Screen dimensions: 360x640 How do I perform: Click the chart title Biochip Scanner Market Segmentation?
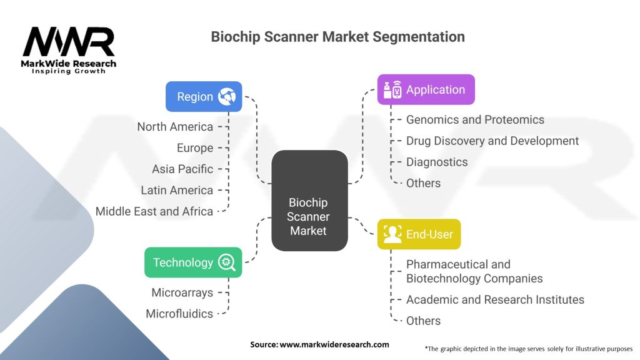[x=337, y=37]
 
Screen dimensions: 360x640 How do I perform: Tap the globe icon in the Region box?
[x=225, y=97]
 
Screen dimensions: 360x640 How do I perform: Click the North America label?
[x=175, y=127]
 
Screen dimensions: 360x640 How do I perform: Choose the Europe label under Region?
[x=195, y=148]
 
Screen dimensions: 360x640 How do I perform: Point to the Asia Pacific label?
[x=182, y=169]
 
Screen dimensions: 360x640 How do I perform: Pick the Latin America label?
[x=177, y=190]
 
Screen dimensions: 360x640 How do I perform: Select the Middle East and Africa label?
[x=154, y=211]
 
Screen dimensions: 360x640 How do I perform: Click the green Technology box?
[x=192, y=262]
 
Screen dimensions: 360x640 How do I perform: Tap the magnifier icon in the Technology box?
[x=226, y=262]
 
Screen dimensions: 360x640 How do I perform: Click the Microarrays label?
[x=182, y=292]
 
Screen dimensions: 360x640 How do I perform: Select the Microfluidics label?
[x=179, y=314]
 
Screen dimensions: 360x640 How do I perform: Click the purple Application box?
[x=426, y=89]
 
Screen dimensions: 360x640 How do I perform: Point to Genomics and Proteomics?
[x=475, y=119]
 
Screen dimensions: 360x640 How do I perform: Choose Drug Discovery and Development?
[x=492, y=141]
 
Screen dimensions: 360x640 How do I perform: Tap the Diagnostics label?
[x=437, y=162]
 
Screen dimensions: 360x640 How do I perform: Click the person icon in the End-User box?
[x=392, y=234]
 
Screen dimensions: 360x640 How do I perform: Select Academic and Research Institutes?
[x=495, y=299]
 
